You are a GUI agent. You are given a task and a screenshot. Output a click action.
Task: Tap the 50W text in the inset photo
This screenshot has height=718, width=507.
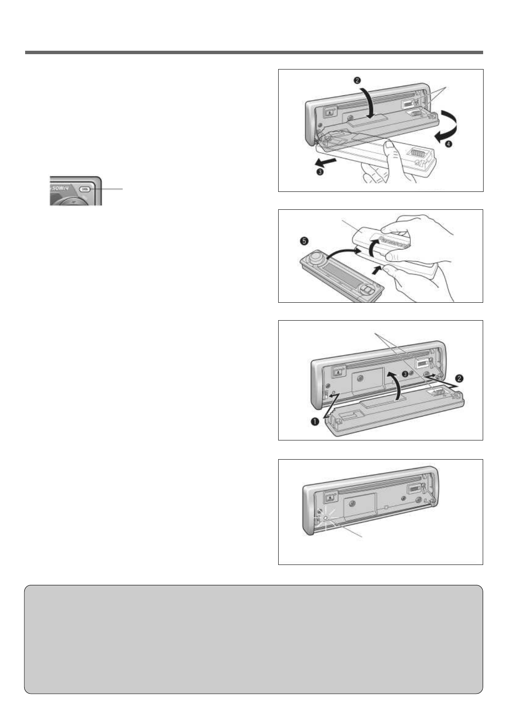[62, 188]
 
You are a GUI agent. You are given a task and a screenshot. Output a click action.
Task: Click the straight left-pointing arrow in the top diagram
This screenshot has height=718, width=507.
[326, 162]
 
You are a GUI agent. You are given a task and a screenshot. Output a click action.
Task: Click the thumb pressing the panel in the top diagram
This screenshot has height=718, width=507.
[389, 149]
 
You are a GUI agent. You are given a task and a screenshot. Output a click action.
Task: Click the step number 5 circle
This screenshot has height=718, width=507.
[303, 241]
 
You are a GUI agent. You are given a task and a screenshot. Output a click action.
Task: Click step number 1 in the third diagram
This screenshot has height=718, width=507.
[314, 422]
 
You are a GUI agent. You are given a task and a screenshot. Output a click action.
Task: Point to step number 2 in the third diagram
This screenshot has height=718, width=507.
[458, 378]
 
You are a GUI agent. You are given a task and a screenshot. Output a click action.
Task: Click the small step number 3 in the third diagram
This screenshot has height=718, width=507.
[405, 373]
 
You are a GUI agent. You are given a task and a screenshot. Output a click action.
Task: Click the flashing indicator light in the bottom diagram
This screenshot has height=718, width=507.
[326, 518]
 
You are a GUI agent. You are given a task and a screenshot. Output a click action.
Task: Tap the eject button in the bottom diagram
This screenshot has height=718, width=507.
[329, 497]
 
